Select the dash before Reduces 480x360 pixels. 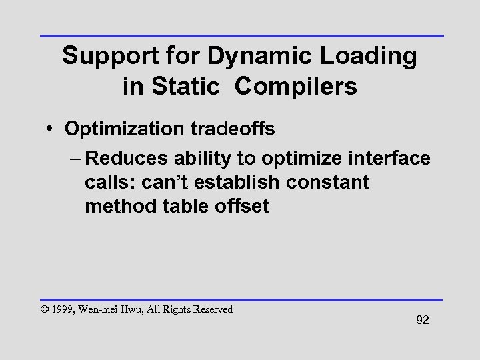74,159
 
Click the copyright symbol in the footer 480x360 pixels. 45,310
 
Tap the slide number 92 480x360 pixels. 422,321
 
